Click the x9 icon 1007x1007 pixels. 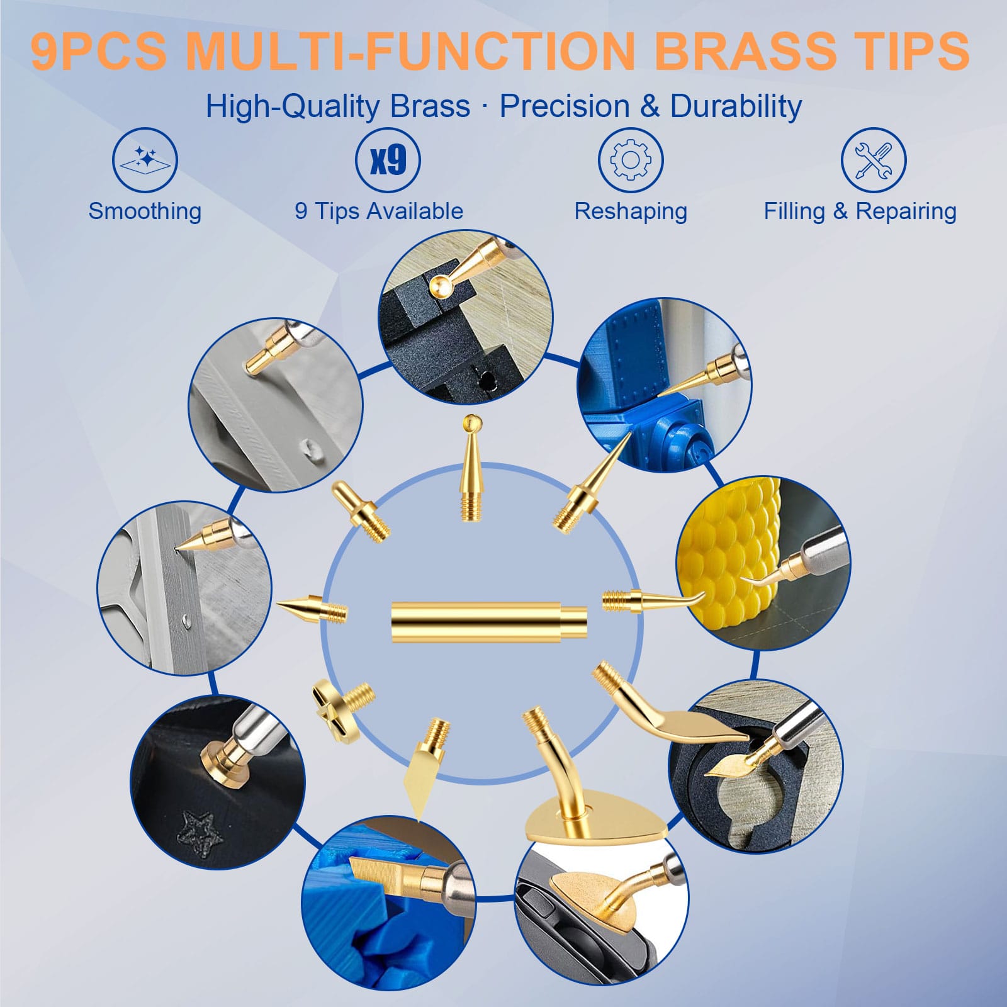(x=388, y=160)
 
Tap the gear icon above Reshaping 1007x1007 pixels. (x=631, y=160)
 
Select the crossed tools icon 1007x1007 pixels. (x=874, y=160)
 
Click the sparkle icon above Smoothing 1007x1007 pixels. (x=145, y=160)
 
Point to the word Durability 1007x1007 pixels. (x=736, y=106)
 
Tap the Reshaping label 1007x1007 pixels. (x=631, y=212)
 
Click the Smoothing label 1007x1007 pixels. (x=145, y=211)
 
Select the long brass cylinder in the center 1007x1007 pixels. (x=489, y=622)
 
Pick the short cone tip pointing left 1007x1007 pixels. (x=312, y=609)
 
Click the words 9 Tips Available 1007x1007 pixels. (x=379, y=211)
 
